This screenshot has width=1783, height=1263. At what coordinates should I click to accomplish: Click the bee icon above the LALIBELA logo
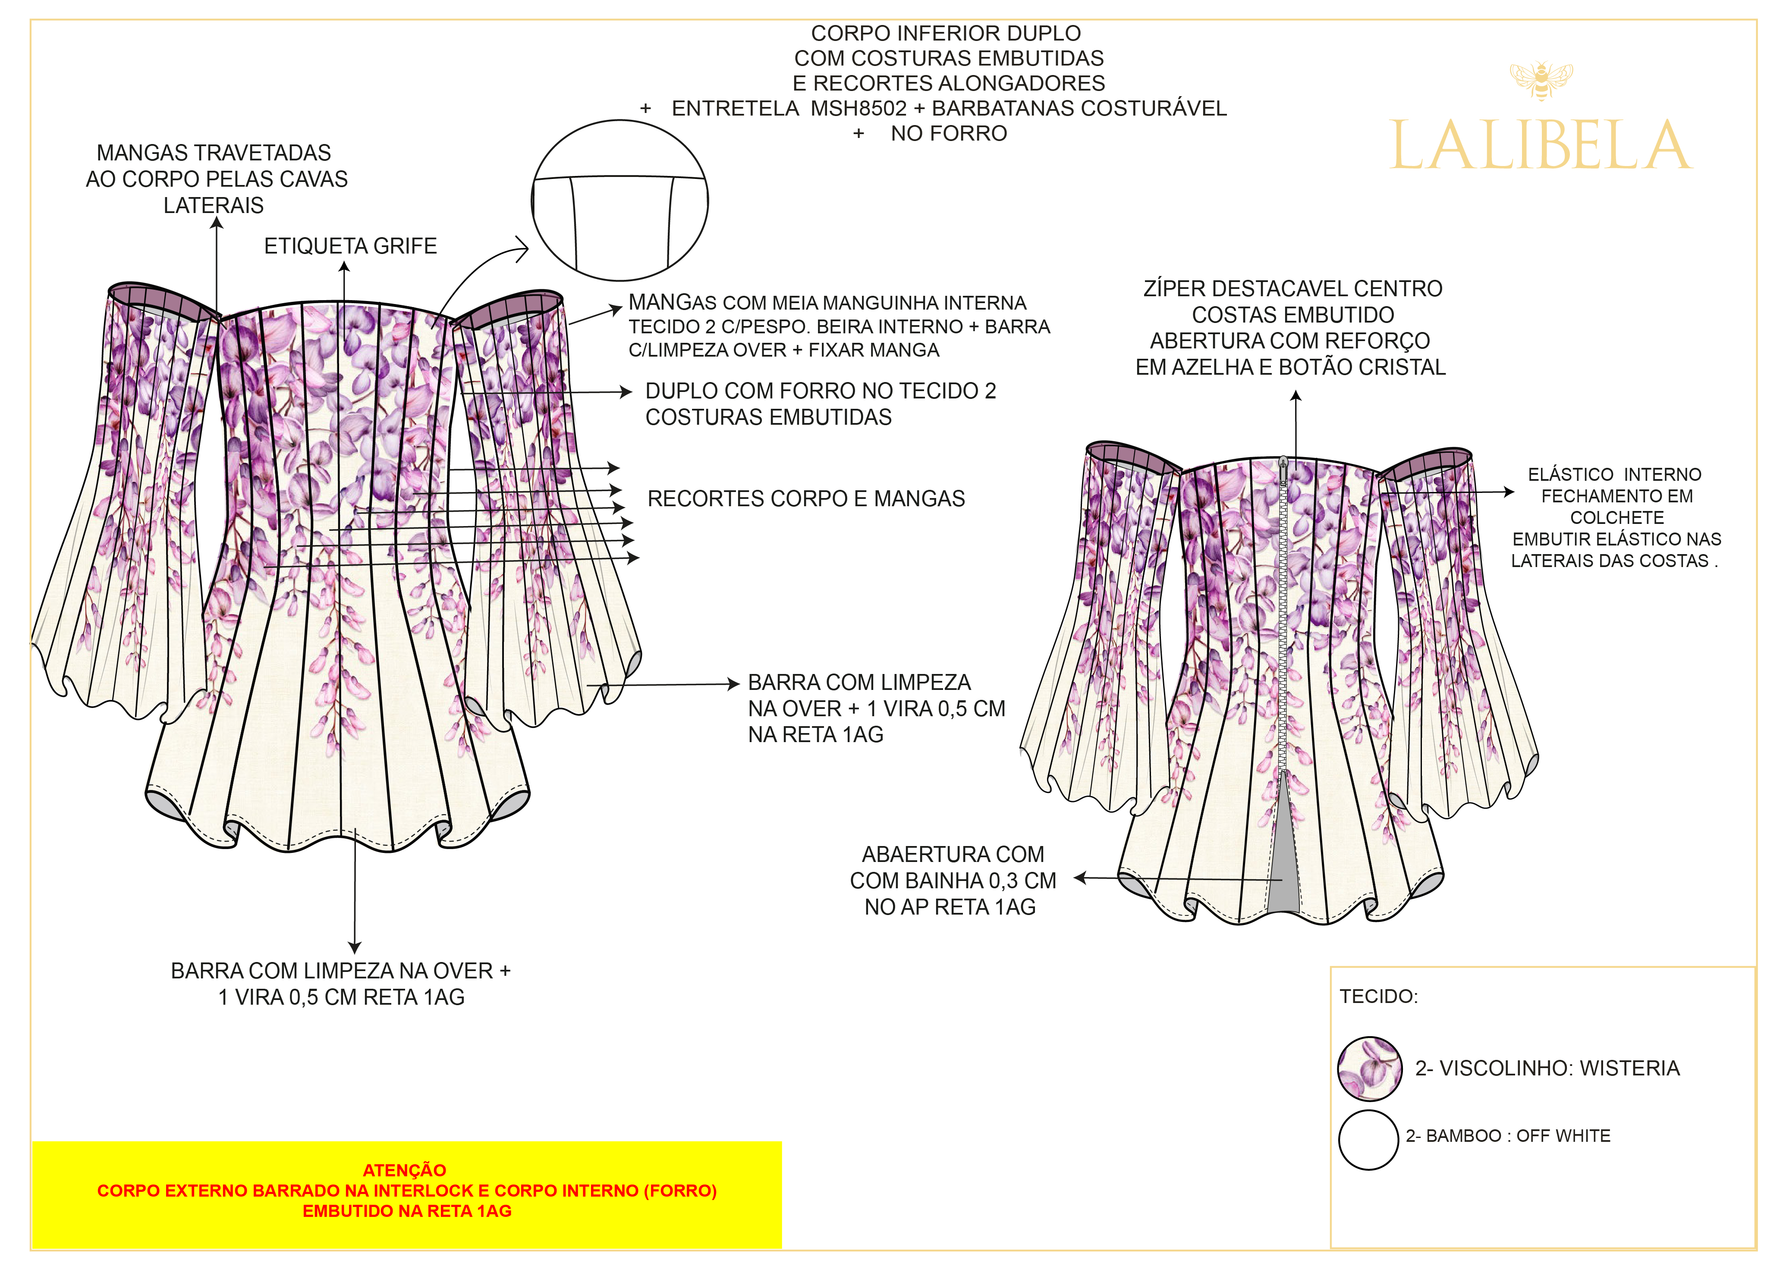click(1540, 81)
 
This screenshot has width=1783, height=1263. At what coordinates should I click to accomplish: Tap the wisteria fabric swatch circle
click(1369, 1069)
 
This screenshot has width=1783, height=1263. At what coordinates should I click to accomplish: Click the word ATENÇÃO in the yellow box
click(405, 1170)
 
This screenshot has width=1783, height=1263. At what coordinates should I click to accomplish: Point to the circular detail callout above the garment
click(620, 201)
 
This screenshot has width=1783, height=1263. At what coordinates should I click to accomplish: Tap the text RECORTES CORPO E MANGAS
click(806, 498)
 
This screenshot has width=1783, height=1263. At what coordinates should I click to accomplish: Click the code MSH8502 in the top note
click(858, 109)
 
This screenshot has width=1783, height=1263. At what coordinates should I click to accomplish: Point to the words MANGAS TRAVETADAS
click(214, 153)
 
